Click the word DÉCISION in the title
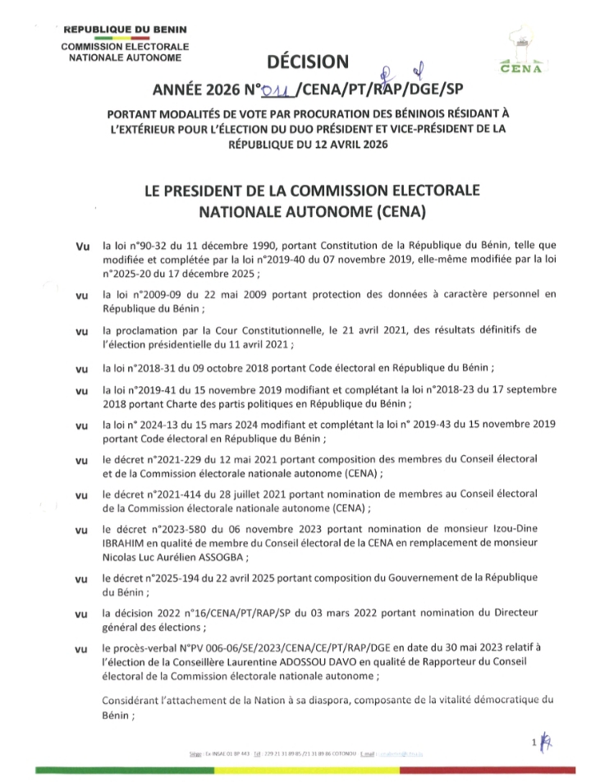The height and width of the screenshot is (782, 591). (307, 62)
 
